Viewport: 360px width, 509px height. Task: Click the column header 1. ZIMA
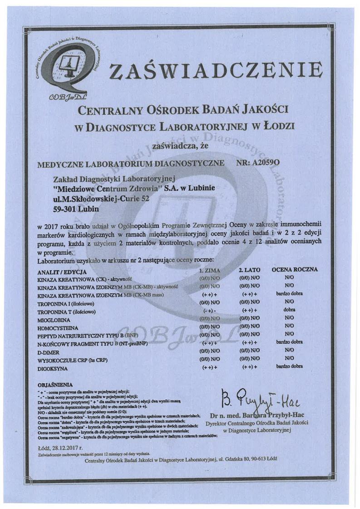pyautogui.click(x=210, y=270)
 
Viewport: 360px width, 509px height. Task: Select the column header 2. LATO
pyautogui.click(x=249, y=270)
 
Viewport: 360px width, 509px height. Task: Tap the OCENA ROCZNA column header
pyautogui.click(x=294, y=270)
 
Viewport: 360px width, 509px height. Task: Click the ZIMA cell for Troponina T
pyautogui.click(x=209, y=311)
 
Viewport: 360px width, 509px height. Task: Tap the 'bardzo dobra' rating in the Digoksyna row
pyautogui.click(x=290, y=366)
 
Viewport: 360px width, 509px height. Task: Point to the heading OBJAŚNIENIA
pyautogui.click(x=57, y=384)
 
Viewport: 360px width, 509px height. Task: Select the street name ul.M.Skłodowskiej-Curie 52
pyautogui.click(x=100, y=198)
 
